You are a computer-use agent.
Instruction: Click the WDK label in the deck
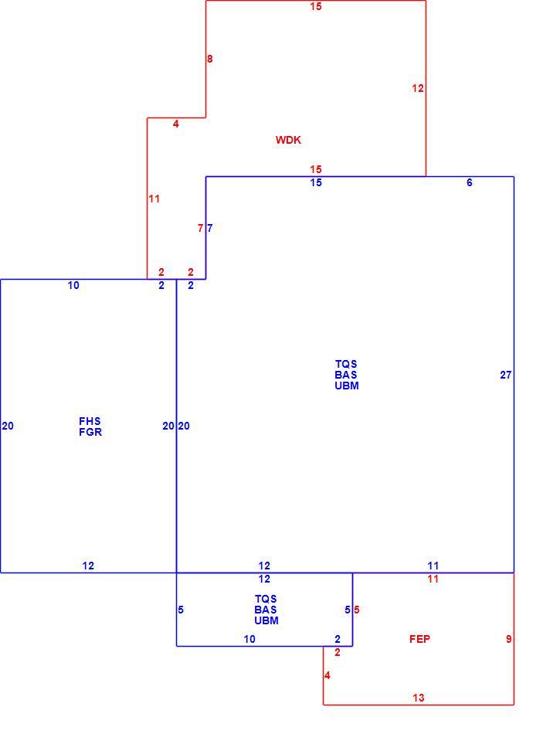point(288,140)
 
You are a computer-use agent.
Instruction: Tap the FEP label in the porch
point(419,639)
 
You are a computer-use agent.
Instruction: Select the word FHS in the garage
point(90,421)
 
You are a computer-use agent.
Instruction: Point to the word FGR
point(90,432)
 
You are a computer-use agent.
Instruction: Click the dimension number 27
point(506,375)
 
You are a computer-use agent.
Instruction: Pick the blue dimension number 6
point(469,182)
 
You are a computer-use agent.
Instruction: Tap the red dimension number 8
point(209,59)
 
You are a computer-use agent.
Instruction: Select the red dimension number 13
point(418,698)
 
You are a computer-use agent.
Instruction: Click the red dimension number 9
point(508,639)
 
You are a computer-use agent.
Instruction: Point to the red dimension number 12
point(418,88)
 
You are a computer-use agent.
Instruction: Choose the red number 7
point(200,229)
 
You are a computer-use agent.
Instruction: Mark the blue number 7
point(209,229)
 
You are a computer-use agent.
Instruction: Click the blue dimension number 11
point(433,566)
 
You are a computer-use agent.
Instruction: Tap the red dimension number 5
point(357,610)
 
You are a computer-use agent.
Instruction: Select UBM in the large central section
point(347,386)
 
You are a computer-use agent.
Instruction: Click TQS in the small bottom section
point(266,600)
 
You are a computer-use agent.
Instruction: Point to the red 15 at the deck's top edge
point(316,6)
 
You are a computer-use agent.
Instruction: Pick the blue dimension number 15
point(316,182)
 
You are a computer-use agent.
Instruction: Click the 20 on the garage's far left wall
point(8,426)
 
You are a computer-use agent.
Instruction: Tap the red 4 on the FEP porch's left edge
point(327,675)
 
